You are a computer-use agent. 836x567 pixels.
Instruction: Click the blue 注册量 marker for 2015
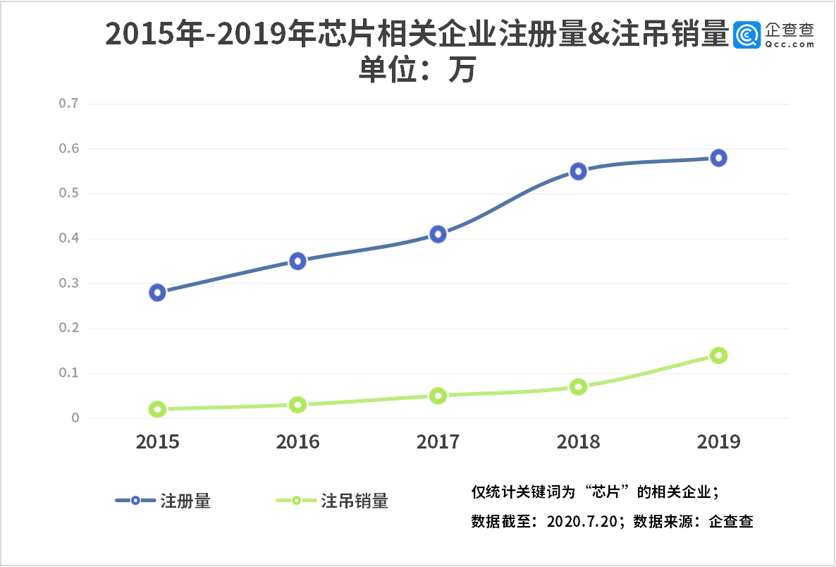(157, 293)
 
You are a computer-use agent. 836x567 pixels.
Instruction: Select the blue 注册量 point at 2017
(438, 234)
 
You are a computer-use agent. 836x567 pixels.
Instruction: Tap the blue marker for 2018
(578, 171)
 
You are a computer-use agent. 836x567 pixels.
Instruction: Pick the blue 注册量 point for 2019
(718, 158)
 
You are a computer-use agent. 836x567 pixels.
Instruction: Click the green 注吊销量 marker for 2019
(718, 355)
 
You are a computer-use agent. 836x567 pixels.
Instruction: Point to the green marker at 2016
(297, 405)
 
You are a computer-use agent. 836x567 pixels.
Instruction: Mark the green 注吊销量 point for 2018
(578, 387)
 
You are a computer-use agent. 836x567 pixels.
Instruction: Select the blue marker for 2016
(297, 262)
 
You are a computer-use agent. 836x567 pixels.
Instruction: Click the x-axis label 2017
(438, 442)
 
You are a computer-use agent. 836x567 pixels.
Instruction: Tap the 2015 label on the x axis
(157, 442)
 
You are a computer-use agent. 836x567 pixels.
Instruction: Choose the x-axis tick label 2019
(718, 442)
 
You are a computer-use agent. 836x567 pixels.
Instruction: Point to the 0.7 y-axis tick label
(68, 104)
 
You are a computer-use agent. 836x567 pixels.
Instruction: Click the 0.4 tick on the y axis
(68, 238)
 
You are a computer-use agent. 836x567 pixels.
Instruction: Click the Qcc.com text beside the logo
(789, 44)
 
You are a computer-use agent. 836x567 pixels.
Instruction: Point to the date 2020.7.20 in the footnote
(582, 523)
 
